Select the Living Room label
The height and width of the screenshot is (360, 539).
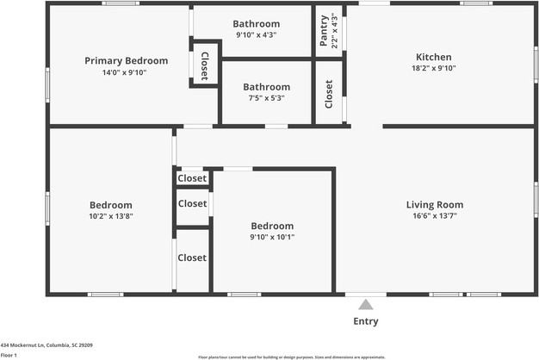435,205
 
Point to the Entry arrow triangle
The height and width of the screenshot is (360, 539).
366,304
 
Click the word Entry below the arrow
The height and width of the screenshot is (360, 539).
366,322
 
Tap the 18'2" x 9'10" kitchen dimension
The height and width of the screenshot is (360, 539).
435,68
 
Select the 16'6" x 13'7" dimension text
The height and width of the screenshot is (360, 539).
435,216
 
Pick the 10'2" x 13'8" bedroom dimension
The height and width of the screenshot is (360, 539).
111,216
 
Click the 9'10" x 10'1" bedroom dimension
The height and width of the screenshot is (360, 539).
272,237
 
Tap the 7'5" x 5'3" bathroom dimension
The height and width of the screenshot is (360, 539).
266,98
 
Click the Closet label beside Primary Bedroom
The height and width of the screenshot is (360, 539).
204,66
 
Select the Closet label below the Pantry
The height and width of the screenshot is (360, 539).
329,94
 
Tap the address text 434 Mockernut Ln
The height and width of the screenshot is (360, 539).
46,344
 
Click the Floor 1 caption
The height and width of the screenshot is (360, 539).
10,354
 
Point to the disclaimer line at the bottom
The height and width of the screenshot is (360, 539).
291,357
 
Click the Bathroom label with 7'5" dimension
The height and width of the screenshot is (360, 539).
266,87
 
